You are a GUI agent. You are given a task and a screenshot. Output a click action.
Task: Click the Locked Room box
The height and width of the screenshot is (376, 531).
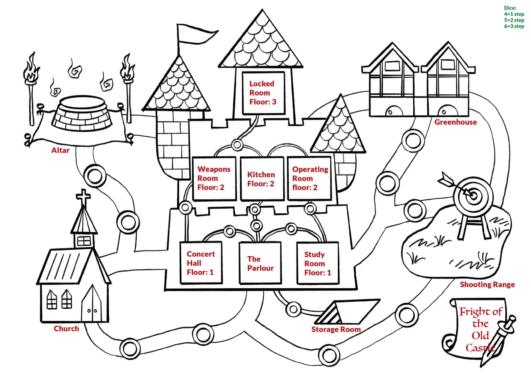tap(263, 93)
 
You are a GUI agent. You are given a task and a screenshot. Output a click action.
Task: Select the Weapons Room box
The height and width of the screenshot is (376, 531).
tap(214, 179)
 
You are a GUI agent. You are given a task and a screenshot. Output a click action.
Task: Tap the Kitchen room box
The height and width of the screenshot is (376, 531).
tap(262, 179)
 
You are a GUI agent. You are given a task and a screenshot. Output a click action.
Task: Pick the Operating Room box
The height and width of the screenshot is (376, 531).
tap(309, 179)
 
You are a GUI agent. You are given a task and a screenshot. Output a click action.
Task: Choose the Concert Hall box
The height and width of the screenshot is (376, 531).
tap(201, 263)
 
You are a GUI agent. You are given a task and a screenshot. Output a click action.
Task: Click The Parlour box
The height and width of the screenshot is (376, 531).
tap(260, 263)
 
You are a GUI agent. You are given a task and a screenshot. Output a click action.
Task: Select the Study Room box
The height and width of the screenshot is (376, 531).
tap(318, 263)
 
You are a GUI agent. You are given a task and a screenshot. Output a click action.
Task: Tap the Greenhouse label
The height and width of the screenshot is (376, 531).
tap(455, 122)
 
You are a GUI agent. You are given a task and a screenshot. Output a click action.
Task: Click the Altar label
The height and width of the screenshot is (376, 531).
tap(61, 150)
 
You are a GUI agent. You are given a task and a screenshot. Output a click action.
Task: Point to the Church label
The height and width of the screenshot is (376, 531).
tap(66, 329)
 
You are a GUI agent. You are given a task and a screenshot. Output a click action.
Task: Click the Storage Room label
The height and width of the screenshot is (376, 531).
tap(336, 329)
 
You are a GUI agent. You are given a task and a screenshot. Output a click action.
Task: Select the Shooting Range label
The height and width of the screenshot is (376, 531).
tap(487, 284)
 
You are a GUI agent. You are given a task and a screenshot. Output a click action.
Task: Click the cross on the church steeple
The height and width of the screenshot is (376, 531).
tap(83, 197)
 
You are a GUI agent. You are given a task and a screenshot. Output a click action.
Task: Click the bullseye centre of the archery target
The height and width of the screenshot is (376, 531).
tap(473, 196)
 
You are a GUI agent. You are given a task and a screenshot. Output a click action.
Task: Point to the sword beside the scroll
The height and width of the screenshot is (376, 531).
tap(498, 342)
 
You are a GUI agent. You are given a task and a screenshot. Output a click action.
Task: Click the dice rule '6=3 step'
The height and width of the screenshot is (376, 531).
tap(514, 26)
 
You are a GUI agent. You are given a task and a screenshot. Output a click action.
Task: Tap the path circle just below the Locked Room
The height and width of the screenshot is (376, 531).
tap(237, 144)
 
